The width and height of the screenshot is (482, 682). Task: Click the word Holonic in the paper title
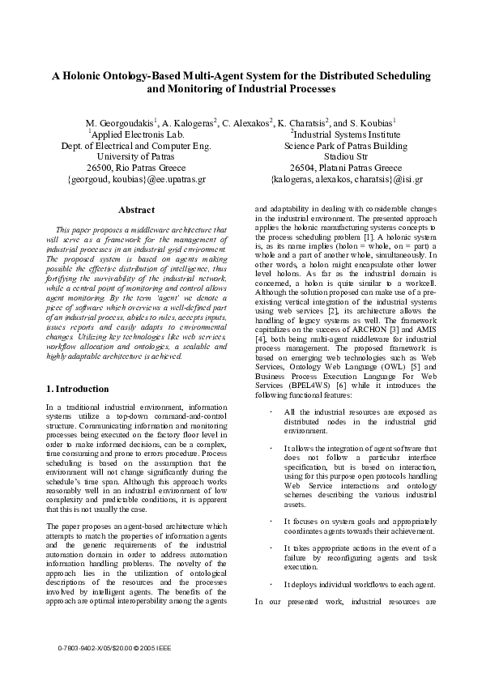(90, 75)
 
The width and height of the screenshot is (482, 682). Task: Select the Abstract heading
(136, 210)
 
